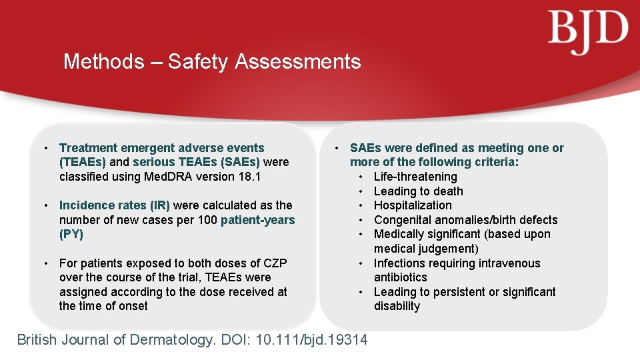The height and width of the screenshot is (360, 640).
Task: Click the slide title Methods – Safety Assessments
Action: coord(212,62)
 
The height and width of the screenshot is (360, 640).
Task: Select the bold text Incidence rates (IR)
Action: coord(115,205)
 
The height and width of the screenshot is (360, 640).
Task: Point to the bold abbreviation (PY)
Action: coord(71,234)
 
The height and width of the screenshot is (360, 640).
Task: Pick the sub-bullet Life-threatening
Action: coord(415,177)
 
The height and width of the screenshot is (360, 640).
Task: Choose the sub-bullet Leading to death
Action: coord(418,191)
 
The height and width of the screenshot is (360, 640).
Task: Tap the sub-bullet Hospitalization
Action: coord(412,205)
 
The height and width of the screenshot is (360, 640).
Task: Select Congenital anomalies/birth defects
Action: coord(465,220)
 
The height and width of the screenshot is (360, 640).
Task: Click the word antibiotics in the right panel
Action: coord(400,277)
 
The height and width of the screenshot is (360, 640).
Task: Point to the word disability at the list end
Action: coord(397,306)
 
